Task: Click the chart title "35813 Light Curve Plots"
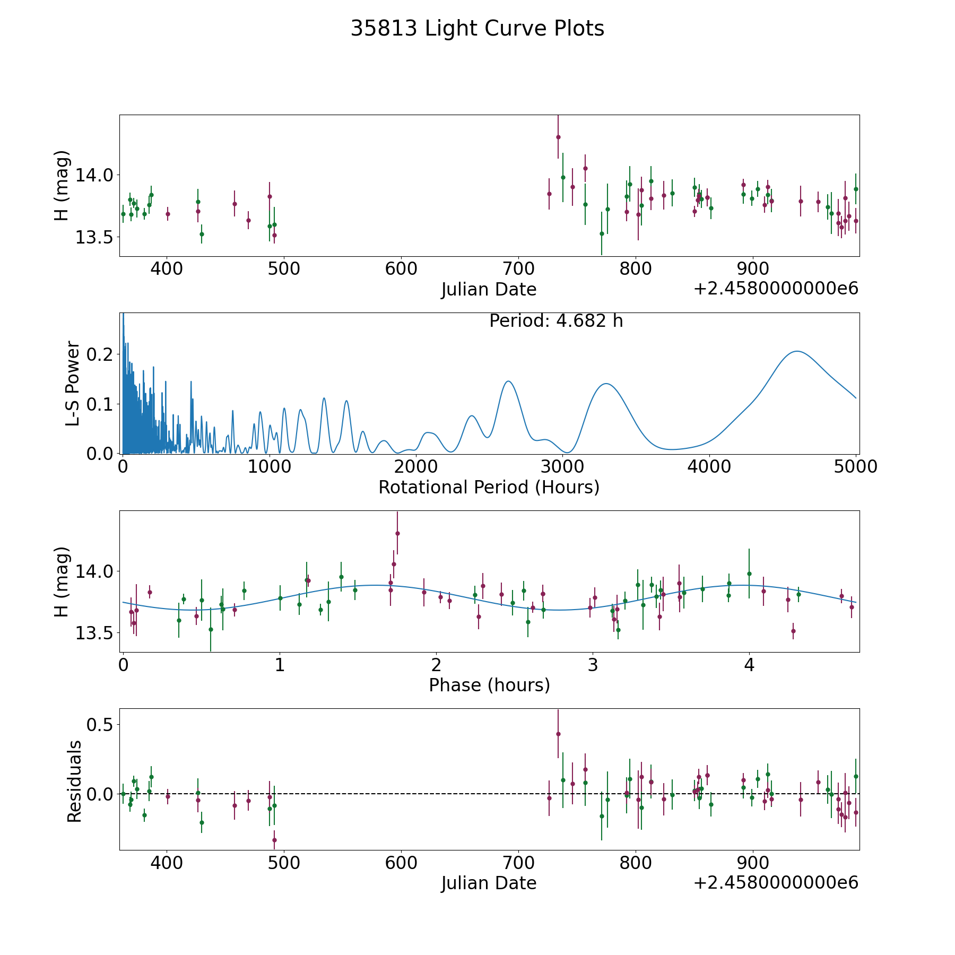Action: pyautogui.click(x=477, y=29)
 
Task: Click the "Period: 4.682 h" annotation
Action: pyautogui.click(x=556, y=321)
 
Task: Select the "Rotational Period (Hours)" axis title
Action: pyautogui.click(x=489, y=487)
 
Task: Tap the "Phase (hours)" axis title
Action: pyautogui.click(x=489, y=685)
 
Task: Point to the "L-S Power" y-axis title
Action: pyautogui.click(x=73, y=383)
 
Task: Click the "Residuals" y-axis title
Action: pyautogui.click(x=74, y=782)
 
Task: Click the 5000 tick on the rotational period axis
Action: pyautogui.click(x=856, y=467)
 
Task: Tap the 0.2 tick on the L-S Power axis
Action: pyautogui.click(x=101, y=354)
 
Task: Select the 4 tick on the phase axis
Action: pyautogui.click(x=749, y=665)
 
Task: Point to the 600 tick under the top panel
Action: pyautogui.click(x=401, y=269)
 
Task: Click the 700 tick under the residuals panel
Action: pyautogui.click(x=518, y=863)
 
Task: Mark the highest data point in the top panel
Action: pyautogui.click(x=558, y=137)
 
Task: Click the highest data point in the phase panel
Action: pyautogui.click(x=397, y=533)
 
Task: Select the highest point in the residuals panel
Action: pyautogui.click(x=558, y=734)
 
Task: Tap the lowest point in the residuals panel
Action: pyautogui.click(x=274, y=840)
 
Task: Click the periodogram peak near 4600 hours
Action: pyautogui.click(x=797, y=351)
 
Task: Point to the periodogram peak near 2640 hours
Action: pyautogui.click(x=508, y=381)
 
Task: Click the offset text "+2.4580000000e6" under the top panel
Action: pyautogui.click(x=776, y=289)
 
